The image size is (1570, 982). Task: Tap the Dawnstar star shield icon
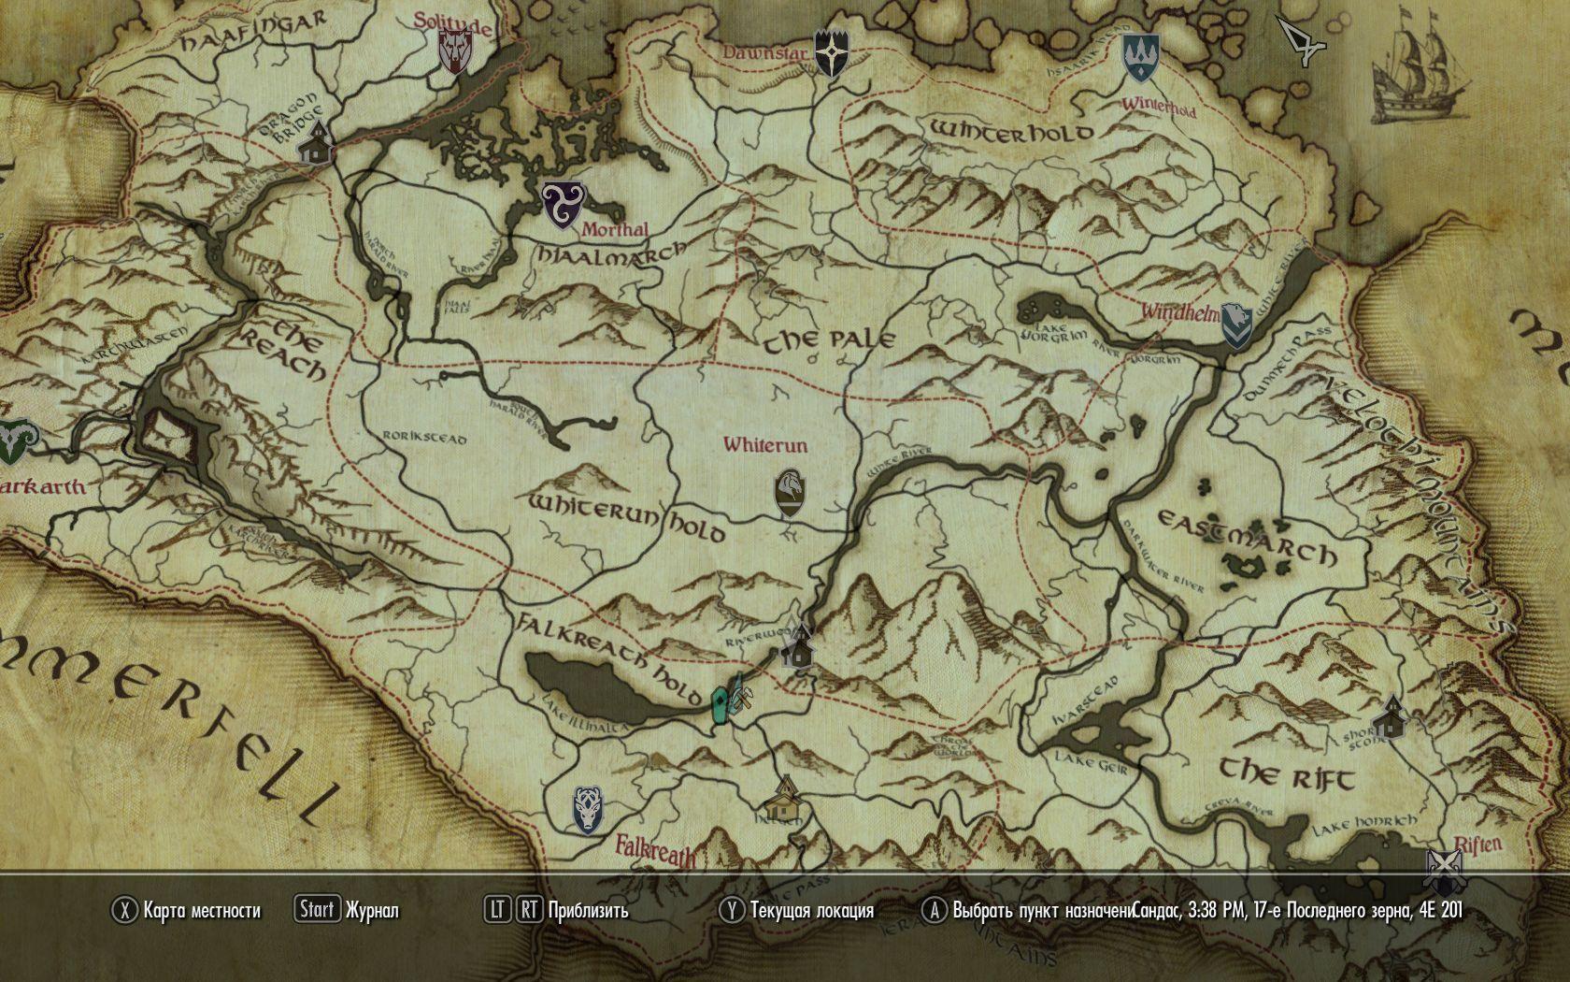[830, 52]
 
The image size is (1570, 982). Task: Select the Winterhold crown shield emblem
[1139, 59]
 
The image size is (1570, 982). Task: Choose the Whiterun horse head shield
[790, 494]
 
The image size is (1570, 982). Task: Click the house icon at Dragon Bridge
[317, 142]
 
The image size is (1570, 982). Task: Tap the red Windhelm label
[1177, 311]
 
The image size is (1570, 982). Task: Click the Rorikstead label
[425, 437]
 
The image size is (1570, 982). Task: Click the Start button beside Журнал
[317, 909]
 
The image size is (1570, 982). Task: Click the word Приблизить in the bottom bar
[589, 910]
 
